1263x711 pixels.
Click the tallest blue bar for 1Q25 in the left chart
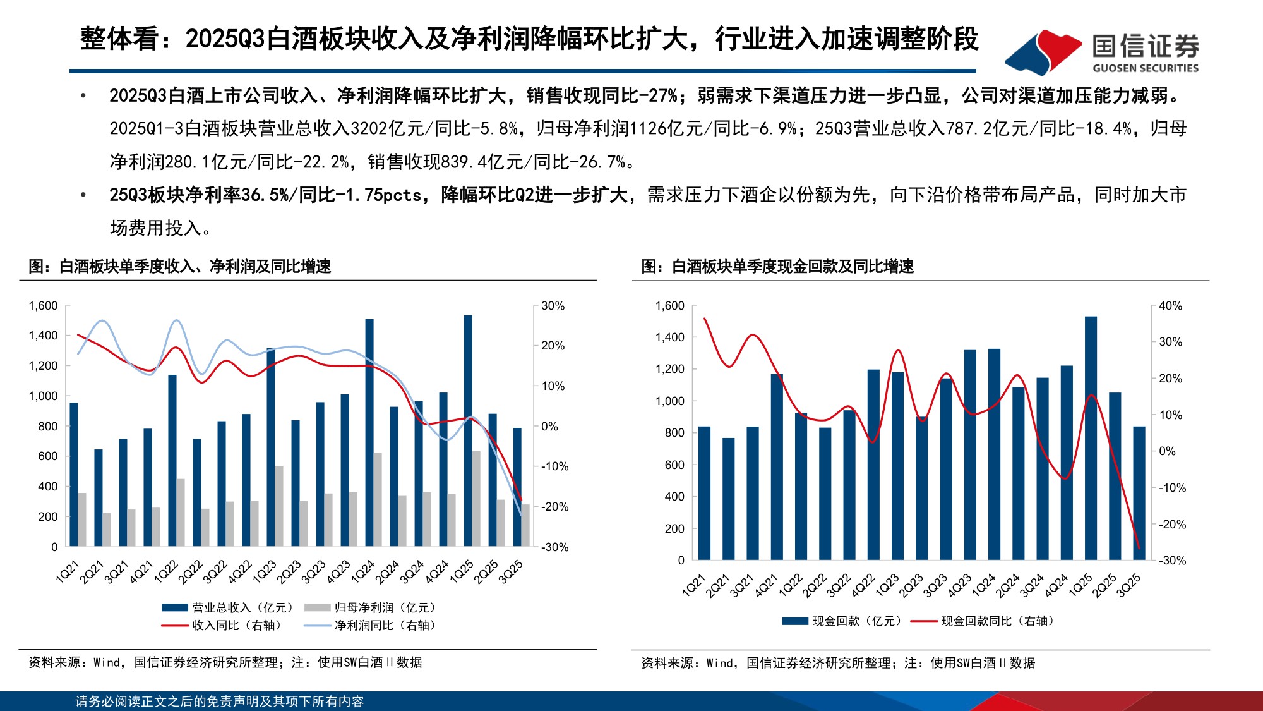coord(468,430)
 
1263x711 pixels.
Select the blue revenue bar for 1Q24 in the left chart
coord(369,433)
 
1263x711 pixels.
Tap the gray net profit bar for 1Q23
coord(279,506)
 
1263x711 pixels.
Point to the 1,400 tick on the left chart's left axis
coord(43,336)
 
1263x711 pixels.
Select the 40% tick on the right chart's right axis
coord(1170,306)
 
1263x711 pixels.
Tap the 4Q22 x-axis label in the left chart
coord(241,571)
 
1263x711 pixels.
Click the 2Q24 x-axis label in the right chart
coord(1008,585)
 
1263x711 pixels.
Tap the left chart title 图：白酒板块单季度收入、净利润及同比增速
coord(180,267)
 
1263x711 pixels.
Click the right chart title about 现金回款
coord(777,267)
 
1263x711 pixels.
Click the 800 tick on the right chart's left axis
coord(674,433)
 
